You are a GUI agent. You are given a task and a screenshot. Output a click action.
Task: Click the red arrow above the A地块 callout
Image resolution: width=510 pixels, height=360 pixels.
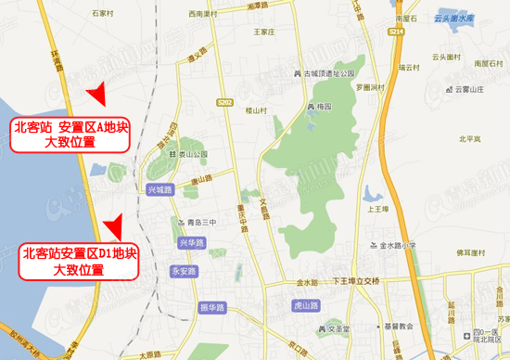pyautogui.click(x=96, y=94)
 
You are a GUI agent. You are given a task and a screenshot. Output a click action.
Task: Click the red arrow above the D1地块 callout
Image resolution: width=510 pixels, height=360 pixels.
pyautogui.click(x=113, y=225)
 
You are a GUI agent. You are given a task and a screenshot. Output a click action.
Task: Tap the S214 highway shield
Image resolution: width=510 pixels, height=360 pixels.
pyautogui.click(x=397, y=32)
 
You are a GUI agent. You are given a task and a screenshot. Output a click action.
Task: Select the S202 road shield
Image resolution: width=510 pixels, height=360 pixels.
pyautogui.click(x=225, y=101)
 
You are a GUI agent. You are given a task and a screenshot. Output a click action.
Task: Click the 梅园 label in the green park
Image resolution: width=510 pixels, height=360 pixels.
pyautogui.click(x=321, y=107)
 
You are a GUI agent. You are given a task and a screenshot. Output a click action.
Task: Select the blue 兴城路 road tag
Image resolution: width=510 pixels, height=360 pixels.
pyautogui.click(x=160, y=188)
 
